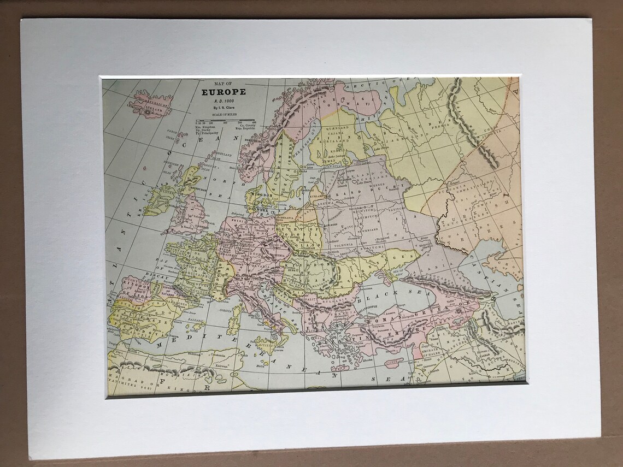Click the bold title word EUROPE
(224, 92)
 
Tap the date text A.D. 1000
(224, 101)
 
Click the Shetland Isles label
(224, 155)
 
